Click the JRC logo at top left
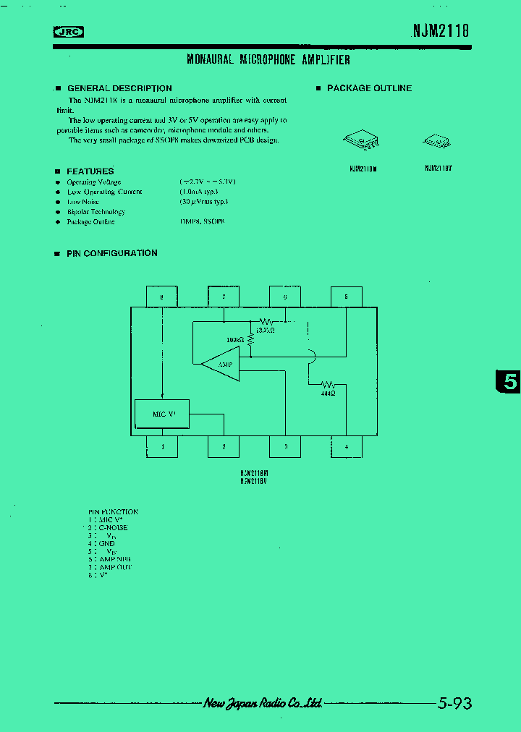tap(69, 31)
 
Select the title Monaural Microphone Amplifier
tap(268, 60)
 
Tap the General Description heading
tap(119, 88)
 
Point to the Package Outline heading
tap(369, 88)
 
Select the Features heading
tap(90, 171)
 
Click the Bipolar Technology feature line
tap(96, 212)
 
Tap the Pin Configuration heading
tap(111, 253)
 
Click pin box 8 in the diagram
tap(161, 297)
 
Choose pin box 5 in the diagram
tap(346, 297)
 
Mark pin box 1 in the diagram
tap(162, 447)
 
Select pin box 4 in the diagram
tap(346, 447)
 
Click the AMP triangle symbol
tap(221, 365)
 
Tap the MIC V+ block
tap(162, 414)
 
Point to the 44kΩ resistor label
tap(328, 393)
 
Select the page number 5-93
tap(455, 703)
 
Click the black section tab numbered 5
tap(509, 381)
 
